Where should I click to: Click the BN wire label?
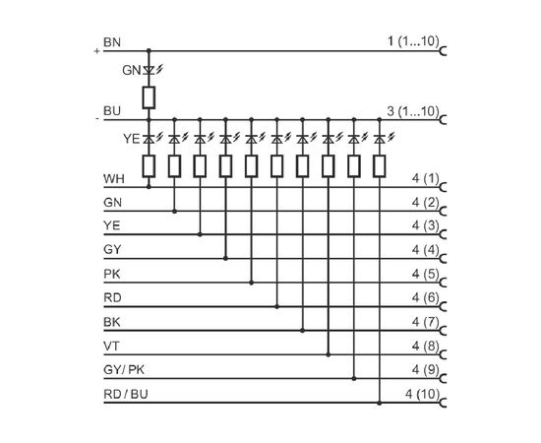coord(112,42)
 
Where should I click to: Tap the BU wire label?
coord(112,111)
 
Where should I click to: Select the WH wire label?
coord(114,179)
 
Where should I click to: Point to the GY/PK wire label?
coord(124,370)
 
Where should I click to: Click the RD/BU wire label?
coord(126,395)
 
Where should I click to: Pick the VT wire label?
coord(111,346)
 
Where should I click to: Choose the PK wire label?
coord(112,274)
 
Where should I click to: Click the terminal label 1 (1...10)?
coord(413,41)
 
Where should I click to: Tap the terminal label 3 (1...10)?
coord(413,111)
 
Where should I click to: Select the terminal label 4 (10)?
coord(423,394)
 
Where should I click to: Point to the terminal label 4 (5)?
coord(425,274)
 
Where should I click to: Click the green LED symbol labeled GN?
coord(150,71)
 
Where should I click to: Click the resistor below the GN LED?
coord(149,97)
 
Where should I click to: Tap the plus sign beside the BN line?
coord(97,51)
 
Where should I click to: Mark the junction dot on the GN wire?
coord(174,211)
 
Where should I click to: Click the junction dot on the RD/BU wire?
coord(380,403)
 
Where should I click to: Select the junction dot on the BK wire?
coord(303,331)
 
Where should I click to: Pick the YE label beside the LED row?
coord(132,139)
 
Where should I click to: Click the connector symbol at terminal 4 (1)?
coord(444,187)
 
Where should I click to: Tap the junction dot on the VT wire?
coord(329,354)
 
